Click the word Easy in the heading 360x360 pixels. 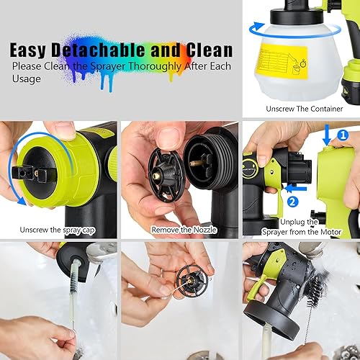[x=35, y=50]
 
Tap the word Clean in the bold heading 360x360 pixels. [x=206, y=50]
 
